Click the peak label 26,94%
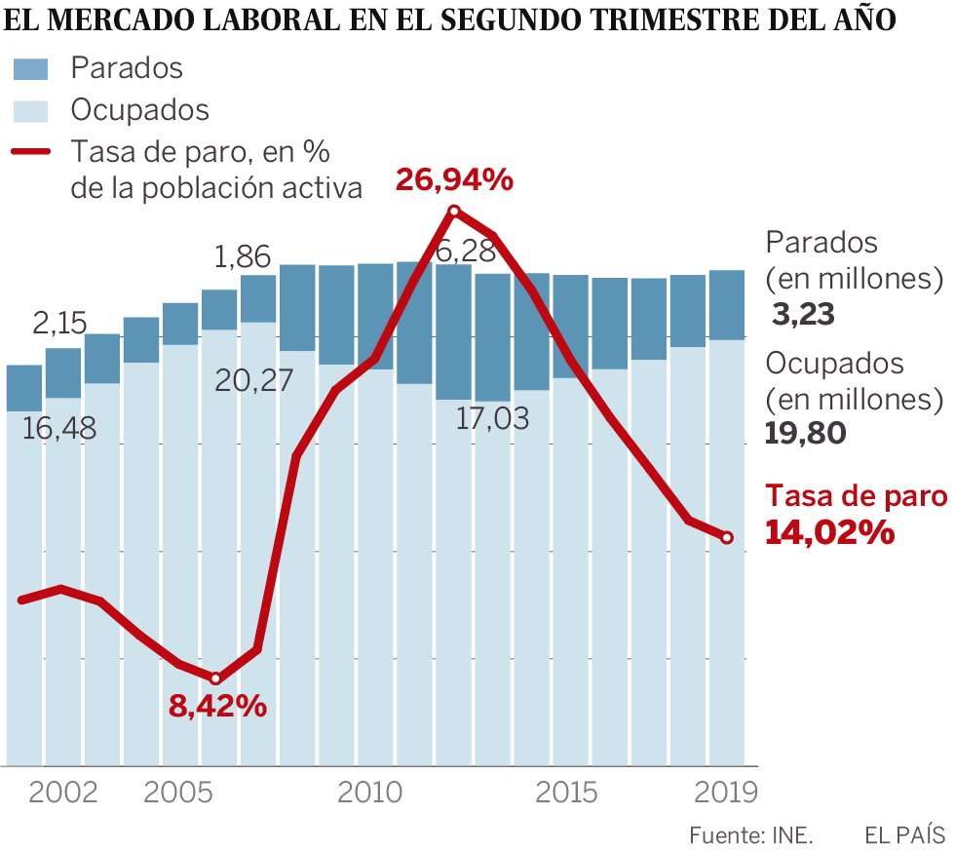(x=454, y=179)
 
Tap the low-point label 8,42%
(x=217, y=707)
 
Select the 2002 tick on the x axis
(x=63, y=792)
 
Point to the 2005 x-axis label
(x=178, y=792)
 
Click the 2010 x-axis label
(x=370, y=792)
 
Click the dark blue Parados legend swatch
(x=30, y=68)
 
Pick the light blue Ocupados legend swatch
(x=30, y=109)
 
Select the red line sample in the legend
(x=30, y=152)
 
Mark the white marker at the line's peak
(x=454, y=211)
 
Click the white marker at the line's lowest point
(x=216, y=678)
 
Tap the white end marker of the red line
(x=727, y=537)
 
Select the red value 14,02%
(x=829, y=532)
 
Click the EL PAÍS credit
(x=904, y=835)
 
